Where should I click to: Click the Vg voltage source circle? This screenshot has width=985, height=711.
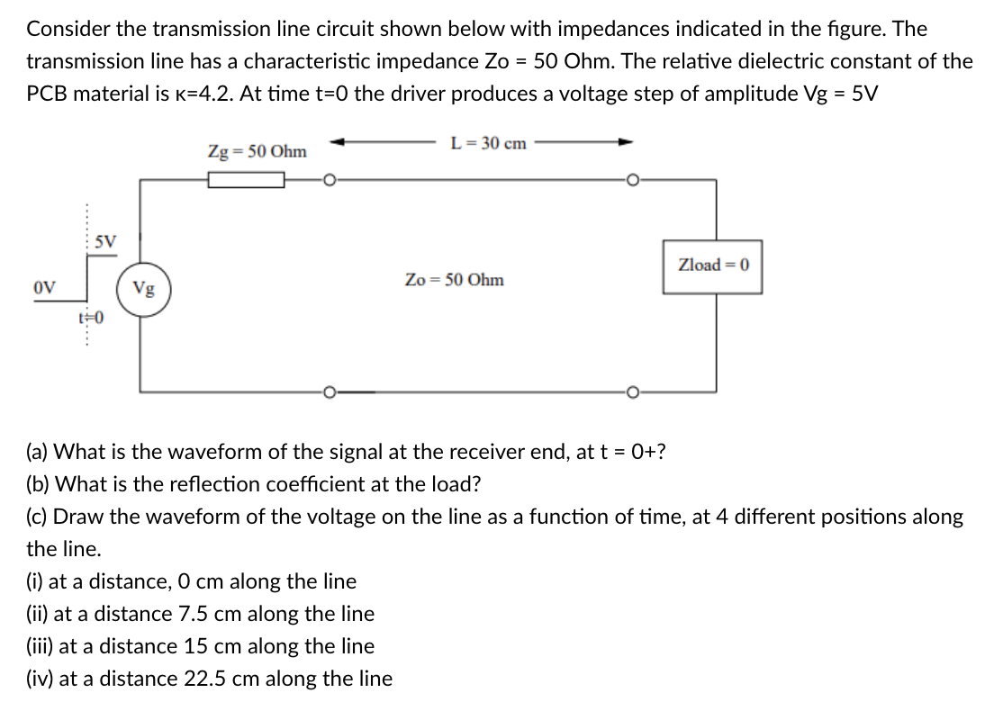(x=144, y=289)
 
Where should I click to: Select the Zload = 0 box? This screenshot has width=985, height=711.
(x=713, y=265)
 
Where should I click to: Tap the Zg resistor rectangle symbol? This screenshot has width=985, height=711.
(x=247, y=181)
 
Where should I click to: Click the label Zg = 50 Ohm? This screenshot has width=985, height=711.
(x=257, y=151)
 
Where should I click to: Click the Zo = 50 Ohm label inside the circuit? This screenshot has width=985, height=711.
(x=455, y=280)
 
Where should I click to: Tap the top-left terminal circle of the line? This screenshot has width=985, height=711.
(x=330, y=181)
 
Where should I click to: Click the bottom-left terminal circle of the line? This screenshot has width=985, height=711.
(x=330, y=392)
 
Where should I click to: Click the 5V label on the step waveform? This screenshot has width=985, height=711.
(x=105, y=242)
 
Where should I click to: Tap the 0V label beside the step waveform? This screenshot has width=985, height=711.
(x=43, y=289)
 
